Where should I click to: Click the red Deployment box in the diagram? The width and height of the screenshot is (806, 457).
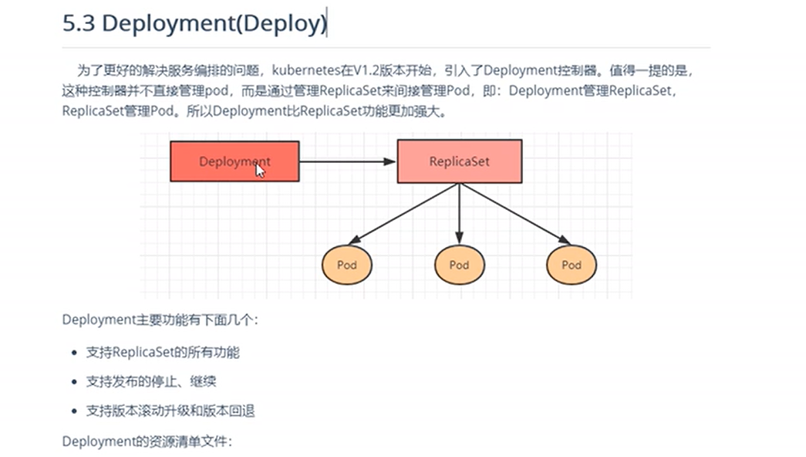pyautogui.click(x=234, y=161)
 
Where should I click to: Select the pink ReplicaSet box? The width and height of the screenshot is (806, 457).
pyautogui.click(x=460, y=161)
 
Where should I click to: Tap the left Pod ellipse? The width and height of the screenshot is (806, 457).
pyautogui.click(x=347, y=265)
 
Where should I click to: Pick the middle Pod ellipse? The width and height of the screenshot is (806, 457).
pyautogui.click(x=460, y=265)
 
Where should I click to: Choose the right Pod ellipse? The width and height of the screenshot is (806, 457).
pyautogui.click(x=572, y=265)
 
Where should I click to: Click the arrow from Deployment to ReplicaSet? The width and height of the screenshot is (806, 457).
pyautogui.click(x=348, y=161)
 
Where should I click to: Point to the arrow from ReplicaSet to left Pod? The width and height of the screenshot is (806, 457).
pyautogui.click(x=403, y=214)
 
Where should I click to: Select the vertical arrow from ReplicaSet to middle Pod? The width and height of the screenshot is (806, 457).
pyautogui.click(x=460, y=214)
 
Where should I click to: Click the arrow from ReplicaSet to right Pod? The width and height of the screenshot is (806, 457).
pyautogui.click(x=515, y=214)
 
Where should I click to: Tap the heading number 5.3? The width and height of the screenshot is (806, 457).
pyautogui.click(x=79, y=23)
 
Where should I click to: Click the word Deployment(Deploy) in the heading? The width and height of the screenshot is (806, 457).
pyautogui.click(x=214, y=24)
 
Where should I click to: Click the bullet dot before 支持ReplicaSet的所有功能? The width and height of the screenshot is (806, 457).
pyautogui.click(x=75, y=353)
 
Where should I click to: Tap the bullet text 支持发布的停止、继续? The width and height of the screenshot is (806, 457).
pyautogui.click(x=151, y=381)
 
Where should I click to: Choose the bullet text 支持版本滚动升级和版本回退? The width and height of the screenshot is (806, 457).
pyautogui.click(x=170, y=411)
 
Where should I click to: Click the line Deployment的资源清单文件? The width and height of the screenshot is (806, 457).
pyautogui.click(x=147, y=442)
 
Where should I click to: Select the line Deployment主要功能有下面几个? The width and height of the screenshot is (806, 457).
pyautogui.click(x=160, y=320)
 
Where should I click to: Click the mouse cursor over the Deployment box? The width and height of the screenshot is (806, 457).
pyautogui.click(x=260, y=171)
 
